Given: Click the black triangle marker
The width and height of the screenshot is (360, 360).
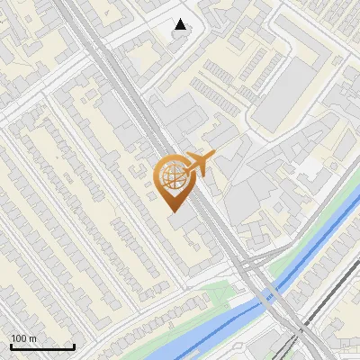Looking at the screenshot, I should (181, 24).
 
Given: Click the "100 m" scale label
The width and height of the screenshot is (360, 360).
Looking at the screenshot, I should (24, 338).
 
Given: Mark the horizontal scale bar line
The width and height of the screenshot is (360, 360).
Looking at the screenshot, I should (42, 346).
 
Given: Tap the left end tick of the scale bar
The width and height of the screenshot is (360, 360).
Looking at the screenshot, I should (11, 346).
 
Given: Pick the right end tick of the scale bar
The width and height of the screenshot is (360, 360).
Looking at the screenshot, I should (74, 346).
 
